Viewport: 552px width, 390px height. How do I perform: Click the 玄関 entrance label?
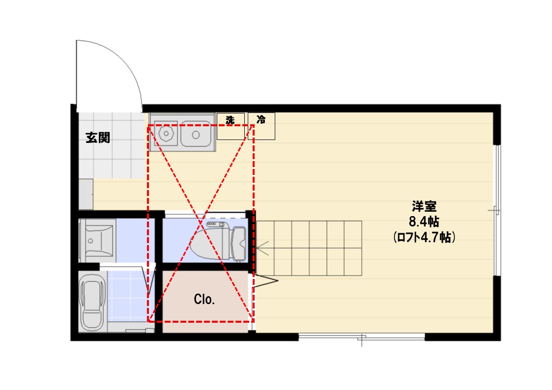click(x=98, y=138)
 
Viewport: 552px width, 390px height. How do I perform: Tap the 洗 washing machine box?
click(x=231, y=126)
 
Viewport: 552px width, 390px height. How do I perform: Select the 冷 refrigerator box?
click(x=261, y=126)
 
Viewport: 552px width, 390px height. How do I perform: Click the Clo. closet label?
click(x=204, y=299)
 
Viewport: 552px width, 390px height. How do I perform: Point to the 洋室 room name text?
click(x=424, y=206)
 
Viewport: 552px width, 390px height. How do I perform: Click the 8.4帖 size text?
click(x=424, y=222)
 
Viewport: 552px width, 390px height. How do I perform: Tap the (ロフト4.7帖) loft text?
click(x=424, y=237)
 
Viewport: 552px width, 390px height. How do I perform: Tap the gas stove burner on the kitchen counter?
click(x=166, y=134)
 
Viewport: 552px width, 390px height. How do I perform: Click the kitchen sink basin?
click(x=196, y=134)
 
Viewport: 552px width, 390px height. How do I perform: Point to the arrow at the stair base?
click(x=262, y=248)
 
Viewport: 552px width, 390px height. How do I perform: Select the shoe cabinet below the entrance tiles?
click(x=86, y=195)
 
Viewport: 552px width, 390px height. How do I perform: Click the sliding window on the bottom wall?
click(x=362, y=337)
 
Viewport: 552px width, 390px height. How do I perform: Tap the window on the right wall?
click(x=496, y=210)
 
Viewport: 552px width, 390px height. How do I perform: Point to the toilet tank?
click(x=239, y=245)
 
